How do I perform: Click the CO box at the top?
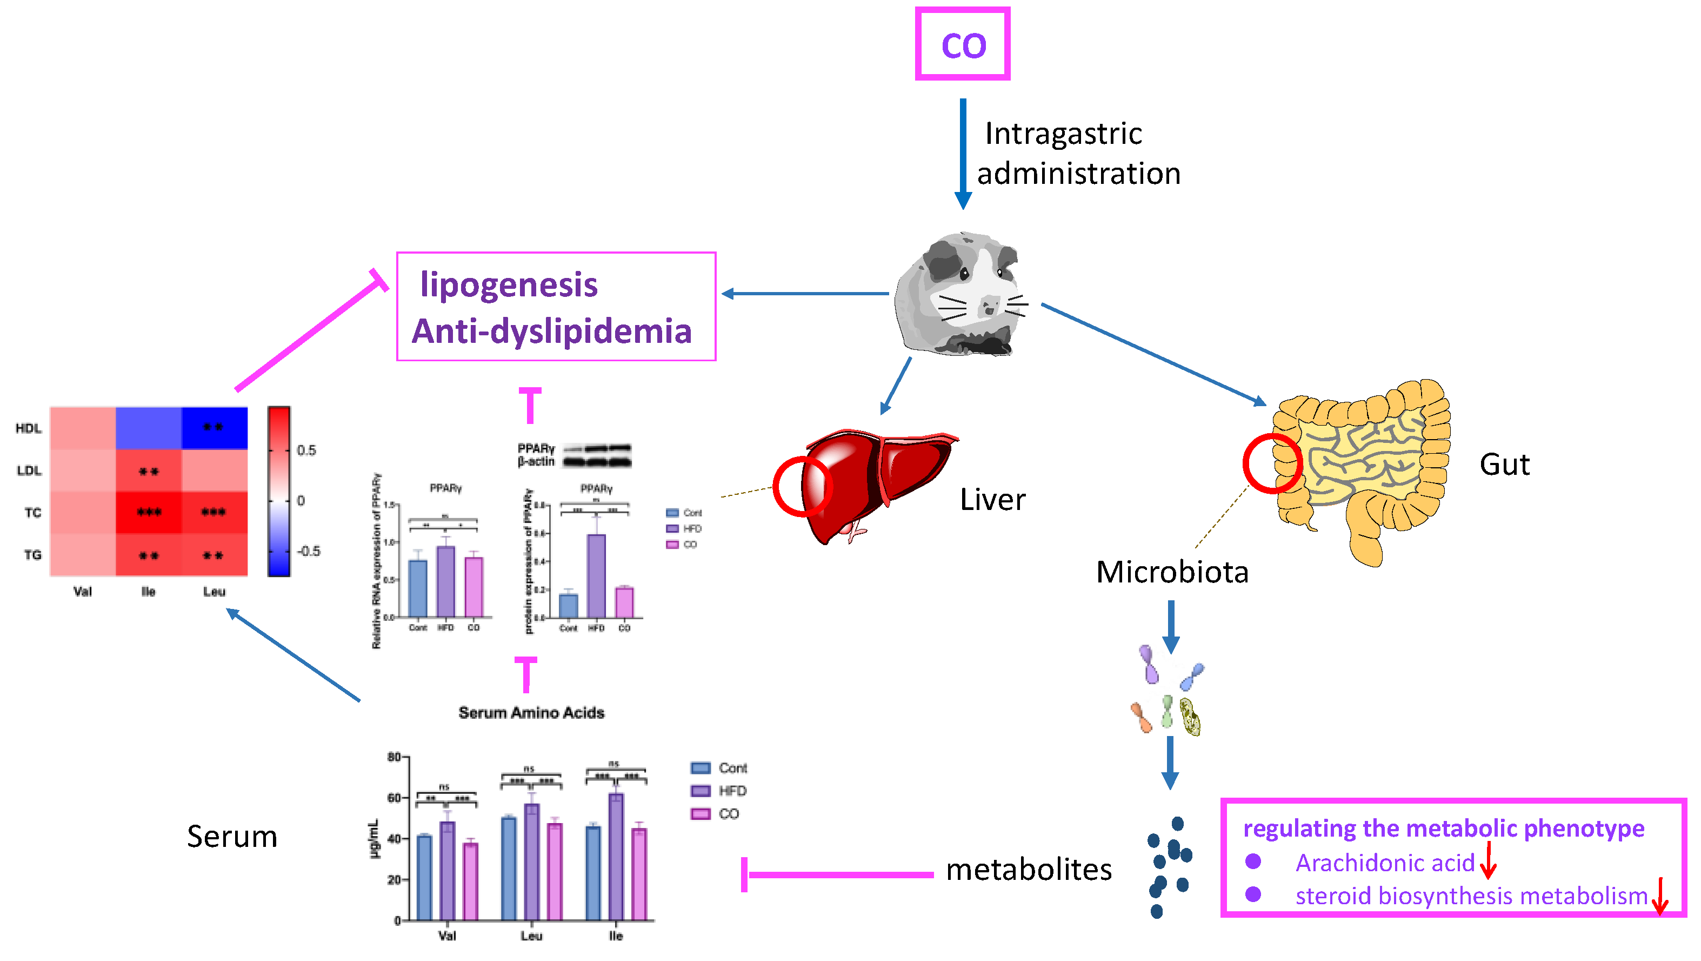click(x=962, y=44)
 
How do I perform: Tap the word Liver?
click(x=992, y=500)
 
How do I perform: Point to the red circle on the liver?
click(x=802, y=487)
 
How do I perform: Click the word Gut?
click(x=1504, y=465)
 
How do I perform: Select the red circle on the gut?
click(x=1272, y=463)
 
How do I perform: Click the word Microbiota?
click(x=1171, y=572)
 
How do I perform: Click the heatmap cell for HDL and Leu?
click(x=214, y=428)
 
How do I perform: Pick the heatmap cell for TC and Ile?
click(x=149, y=512)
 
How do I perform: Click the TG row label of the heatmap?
click(x=32, y=555)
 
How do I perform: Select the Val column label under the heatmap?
click(x=83, y=592)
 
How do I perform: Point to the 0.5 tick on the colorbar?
click(x=306, y=450)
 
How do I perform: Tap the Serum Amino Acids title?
click(x=531, y=713)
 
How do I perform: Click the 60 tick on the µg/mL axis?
click(x=394, y=798)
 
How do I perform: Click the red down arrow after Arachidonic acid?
click(x=1487, y=860)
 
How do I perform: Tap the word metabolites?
click(x=1028, y=870)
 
